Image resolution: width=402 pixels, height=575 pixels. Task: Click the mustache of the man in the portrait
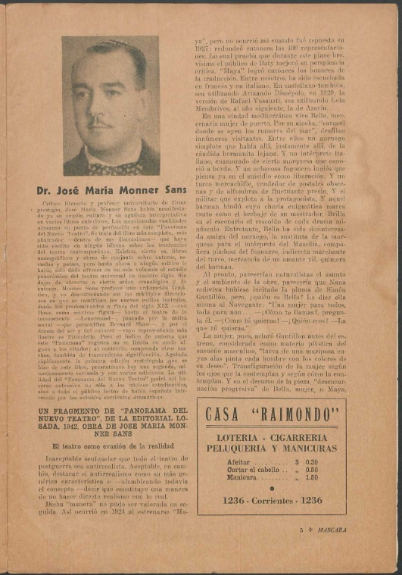click(99, 119)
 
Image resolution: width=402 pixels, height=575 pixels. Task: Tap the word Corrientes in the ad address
click(275, 501)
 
